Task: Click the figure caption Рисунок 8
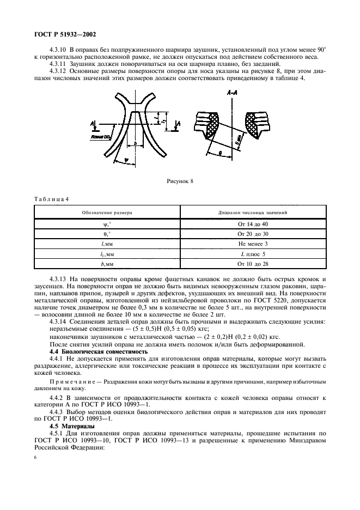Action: tap(181, 180)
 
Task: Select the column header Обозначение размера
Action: tap(107, 212)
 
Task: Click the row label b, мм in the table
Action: tap(107, 264)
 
